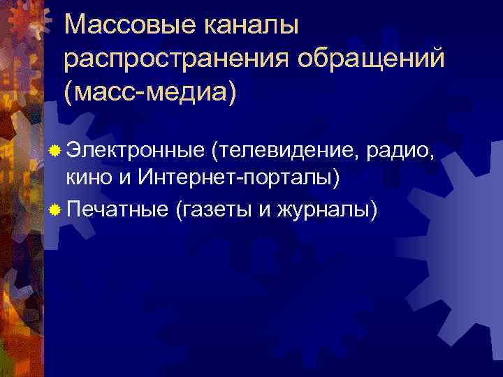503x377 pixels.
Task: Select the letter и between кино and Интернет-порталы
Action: click(124, 179)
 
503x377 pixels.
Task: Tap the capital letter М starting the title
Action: click(76, 26)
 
